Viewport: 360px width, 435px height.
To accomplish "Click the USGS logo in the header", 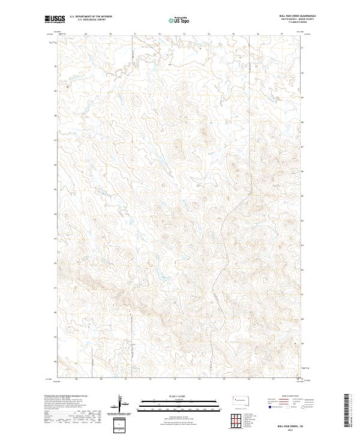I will pyautogui.click(x=54, y=19).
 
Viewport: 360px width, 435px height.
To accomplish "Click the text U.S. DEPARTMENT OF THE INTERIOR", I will pyautogui.click(x=91, y=17).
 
